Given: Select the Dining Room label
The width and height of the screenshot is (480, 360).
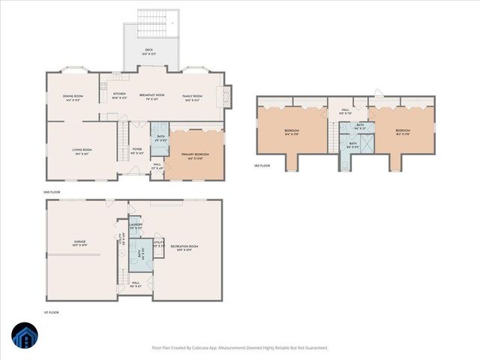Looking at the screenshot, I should [73, 97].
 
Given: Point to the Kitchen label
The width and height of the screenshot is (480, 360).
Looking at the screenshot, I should [119, 95].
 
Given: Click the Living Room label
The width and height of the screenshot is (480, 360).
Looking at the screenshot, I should [82, 151].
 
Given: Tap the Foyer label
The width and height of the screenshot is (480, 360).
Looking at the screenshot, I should [137, 150].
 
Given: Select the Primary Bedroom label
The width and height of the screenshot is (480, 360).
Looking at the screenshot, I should [195, 155].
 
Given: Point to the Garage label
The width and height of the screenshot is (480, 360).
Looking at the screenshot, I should [79, 242].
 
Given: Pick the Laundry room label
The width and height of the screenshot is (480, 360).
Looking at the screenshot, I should [136, 225].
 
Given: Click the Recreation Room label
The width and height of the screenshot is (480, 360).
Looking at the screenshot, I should [184, 247].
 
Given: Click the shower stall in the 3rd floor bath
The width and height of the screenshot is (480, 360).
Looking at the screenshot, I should [367, 143].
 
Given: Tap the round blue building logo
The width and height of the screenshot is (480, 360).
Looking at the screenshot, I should [25, 336].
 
